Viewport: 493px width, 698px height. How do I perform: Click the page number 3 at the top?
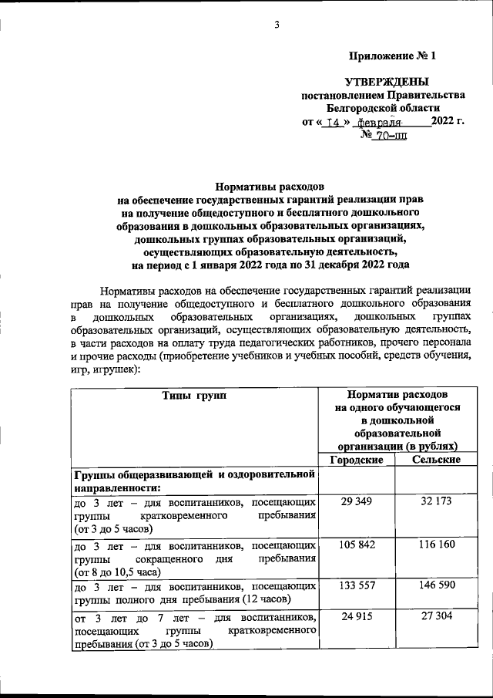277,25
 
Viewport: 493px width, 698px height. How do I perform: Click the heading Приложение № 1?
392,56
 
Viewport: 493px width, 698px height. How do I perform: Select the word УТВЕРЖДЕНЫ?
385,82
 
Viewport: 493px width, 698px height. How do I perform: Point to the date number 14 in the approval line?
333,122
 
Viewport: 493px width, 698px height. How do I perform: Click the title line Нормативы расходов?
270,187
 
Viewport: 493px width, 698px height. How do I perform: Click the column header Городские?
357,460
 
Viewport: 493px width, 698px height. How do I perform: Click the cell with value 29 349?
357,501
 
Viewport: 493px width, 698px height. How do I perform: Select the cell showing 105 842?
357,545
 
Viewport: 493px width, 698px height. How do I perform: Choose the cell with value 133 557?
357,585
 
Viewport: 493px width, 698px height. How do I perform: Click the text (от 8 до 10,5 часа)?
117,572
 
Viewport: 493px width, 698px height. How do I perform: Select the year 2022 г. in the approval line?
448,122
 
